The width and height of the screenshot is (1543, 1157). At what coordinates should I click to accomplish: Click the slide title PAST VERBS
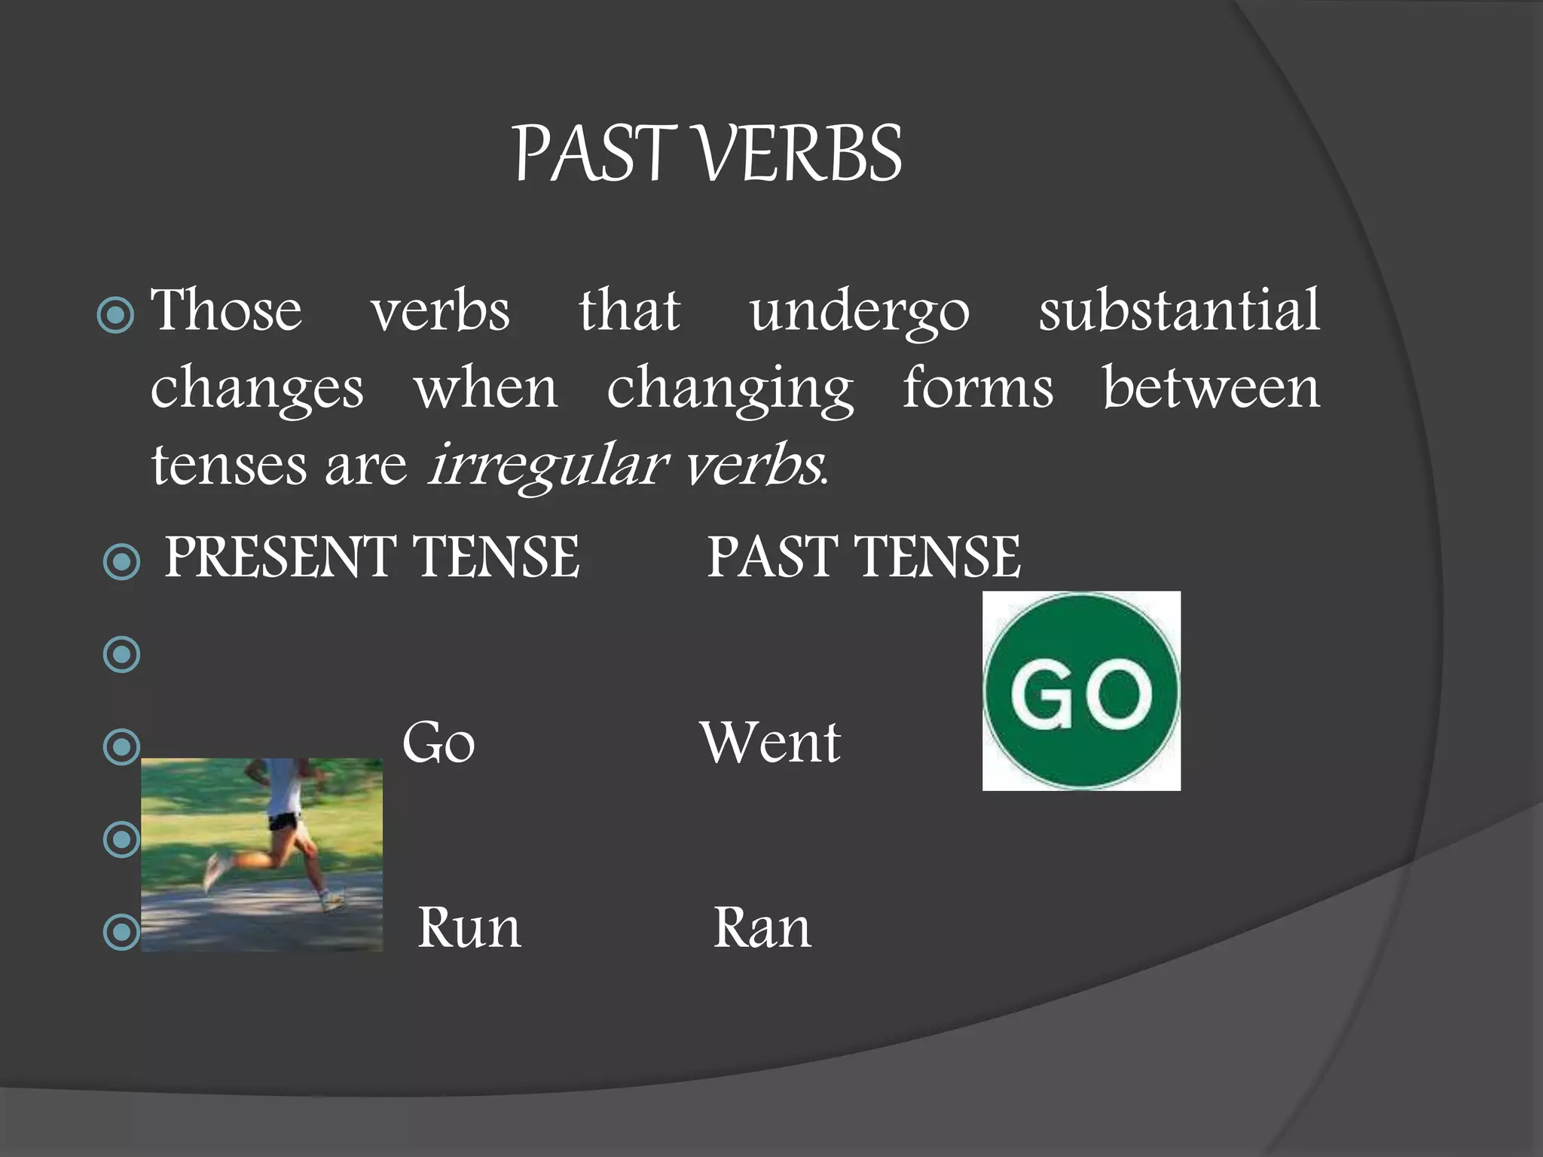[x=707, y=154]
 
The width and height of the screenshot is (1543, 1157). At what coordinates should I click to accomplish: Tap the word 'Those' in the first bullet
[x=226, y=310]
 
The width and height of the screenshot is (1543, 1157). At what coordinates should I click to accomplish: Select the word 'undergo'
[x=860, y=312]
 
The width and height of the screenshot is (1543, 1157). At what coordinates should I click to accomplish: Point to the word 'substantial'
[x=1179, y=310]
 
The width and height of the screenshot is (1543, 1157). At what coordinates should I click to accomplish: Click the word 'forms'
[x=978, y=389]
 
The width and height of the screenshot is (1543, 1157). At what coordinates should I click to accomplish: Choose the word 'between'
[x=1211, y=389]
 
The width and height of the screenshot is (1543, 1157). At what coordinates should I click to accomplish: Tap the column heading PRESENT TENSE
[x=372, y=557]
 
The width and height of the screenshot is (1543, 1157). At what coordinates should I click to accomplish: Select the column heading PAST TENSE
[x=863, y=557]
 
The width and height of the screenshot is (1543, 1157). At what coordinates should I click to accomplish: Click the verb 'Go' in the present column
[x=438, y=743]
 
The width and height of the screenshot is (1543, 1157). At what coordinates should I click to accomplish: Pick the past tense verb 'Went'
[x=770, y=743]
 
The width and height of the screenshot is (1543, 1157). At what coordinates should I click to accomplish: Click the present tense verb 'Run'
[x=469, y=928]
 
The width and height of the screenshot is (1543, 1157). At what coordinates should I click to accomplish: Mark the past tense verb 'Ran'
[x=762, y=928]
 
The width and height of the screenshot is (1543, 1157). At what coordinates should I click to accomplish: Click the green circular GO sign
[x=1081, y=691]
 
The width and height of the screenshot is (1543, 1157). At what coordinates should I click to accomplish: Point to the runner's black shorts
[x=284, y=820]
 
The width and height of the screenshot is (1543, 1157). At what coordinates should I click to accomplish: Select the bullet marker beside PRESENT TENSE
[x=121, y=561]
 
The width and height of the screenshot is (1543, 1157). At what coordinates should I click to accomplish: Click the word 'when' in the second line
[x=486, y=389]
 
